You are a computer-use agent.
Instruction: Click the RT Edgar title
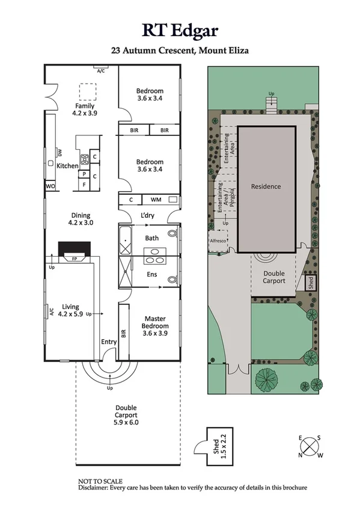point(180,30)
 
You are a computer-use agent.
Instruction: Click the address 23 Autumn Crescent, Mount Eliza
point(180,51)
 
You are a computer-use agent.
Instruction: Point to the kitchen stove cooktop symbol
point(85,159)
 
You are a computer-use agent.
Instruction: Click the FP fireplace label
point(75,260)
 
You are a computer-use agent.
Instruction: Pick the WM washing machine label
point(156,200)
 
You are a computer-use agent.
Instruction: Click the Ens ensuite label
point(152,275)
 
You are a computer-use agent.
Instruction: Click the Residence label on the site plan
point(266,186)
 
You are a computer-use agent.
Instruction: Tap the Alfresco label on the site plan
point(218,239)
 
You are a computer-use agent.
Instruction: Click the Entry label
point(109,342)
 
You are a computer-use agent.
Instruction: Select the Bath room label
point(151,238)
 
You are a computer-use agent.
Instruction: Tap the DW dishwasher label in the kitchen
point(59,152)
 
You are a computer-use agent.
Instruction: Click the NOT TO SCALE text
point(100,482)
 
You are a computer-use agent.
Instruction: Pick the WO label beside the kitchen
point(50,186)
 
